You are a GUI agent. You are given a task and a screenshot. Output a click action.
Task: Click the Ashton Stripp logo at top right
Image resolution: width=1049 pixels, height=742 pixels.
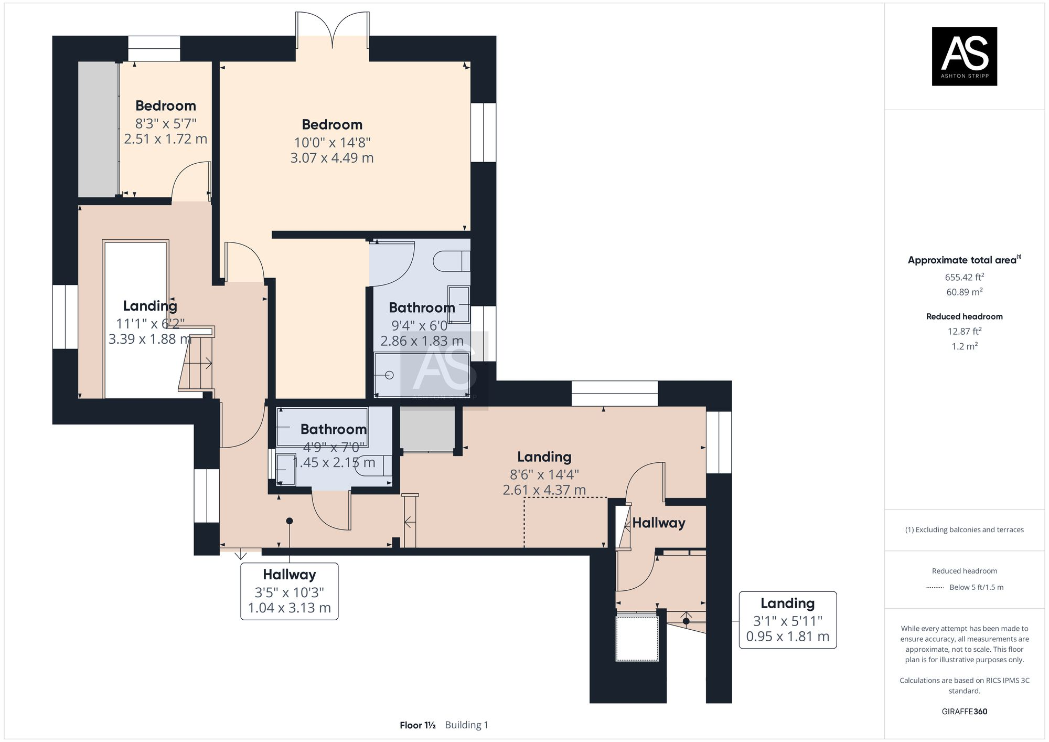coord(964,56)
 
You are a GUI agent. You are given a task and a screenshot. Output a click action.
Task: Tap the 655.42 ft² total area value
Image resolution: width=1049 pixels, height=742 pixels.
coord(964,277)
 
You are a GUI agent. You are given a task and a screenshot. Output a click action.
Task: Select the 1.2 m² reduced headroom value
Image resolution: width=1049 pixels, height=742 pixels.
coord(964,346)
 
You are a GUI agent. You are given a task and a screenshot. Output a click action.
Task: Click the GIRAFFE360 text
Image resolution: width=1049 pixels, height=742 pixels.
coord(964,712)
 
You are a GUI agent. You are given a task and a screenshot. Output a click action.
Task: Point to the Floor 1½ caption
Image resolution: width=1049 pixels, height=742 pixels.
coord(418,725)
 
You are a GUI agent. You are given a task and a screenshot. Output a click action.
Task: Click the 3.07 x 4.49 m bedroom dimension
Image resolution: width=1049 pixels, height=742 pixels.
coord(332,158)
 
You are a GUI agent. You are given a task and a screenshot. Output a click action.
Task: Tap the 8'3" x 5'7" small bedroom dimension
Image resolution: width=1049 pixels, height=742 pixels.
coord(166,124)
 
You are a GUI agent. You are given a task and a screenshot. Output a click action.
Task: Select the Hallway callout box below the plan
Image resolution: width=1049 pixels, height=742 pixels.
coord(289,591)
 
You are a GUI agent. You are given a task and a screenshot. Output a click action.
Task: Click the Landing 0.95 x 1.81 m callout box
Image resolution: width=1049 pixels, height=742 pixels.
coord(787,620)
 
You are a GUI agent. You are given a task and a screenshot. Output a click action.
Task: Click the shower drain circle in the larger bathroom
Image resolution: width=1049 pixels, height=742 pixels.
coord(389,375)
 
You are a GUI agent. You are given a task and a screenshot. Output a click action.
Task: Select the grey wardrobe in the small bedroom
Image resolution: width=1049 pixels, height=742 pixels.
coord(98,129)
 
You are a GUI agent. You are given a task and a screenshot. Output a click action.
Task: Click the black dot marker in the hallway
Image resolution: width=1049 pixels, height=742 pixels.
coord(289,521)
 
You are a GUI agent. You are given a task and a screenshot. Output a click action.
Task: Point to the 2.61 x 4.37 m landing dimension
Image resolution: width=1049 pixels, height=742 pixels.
coord(544,490)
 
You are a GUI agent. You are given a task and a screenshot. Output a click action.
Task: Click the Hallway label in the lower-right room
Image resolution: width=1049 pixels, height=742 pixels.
coord(658,523)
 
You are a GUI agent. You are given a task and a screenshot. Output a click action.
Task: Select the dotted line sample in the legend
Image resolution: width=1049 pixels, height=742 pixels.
coord(935,587)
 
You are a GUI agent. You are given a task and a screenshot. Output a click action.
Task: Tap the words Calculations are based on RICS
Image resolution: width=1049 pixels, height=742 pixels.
coord(964,681)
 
